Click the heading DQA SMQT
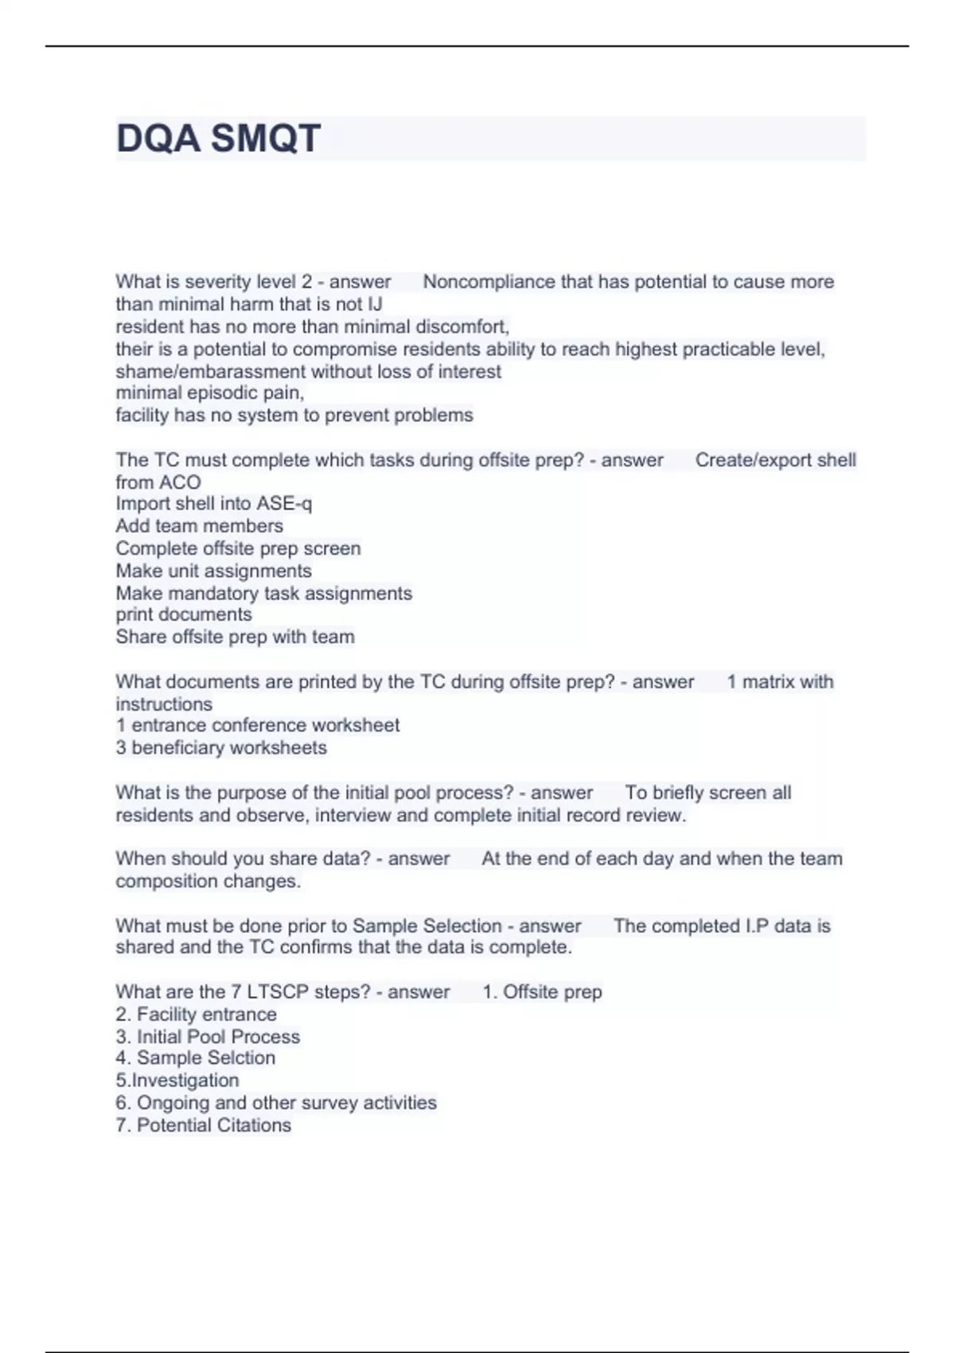point(218,138)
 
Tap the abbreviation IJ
point(374,304)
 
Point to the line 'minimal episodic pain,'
point(210,393)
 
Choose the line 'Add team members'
point(199,526)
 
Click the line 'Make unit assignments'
point(213,571)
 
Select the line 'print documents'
point(184,614)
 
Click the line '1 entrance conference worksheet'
point(257,725)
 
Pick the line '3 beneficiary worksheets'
point(221,747)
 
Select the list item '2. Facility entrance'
point(196,1014)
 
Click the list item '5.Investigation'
point(177,1080)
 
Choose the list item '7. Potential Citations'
point(203,1125)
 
